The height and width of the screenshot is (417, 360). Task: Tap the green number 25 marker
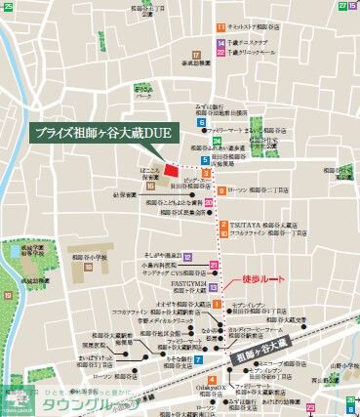pyautogui.click(x=342, y=6)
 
